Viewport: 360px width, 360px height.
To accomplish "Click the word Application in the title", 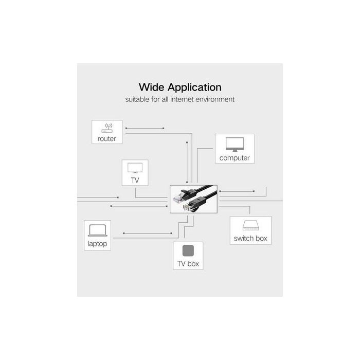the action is pyautogui.click(x=195, y=88).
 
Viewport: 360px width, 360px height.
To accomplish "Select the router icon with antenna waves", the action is pyautogui.click(x=107, y=128).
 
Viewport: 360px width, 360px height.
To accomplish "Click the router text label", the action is pyautogui.click(x=107, y=139).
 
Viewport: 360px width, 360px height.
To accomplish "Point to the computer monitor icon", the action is pyautogui.click(x=235, y=145).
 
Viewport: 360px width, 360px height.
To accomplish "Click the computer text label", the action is pyautogui.click(x=235, y=158).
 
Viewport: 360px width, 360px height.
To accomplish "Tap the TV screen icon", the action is pyautogui.click(x=135, y=168).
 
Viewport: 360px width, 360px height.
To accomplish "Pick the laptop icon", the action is pyautogui.click(x=98, y=230).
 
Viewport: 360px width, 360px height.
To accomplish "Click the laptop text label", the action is pyautogui.click(x=97, y=244).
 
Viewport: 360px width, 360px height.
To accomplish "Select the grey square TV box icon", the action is pyautogui.click(x=188, y=250).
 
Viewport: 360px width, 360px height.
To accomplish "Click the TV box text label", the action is pyautogui.click(x=188, y=264).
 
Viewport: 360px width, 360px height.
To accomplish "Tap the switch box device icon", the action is pyautogui.click(x=251, y=225).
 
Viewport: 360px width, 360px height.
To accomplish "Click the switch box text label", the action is pyautogui.click(x=250, y=238).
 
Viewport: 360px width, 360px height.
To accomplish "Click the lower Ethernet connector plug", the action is pyautogui.click(x=189, y=207).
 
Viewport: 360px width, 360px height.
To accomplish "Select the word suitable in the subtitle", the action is pyautogui.click(x=137, y=99).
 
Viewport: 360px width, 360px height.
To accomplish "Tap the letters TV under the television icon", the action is pyautogui.click(x=135, y=180).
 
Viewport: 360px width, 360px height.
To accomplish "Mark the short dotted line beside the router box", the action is pyautogui.click(x=145, y=128).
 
